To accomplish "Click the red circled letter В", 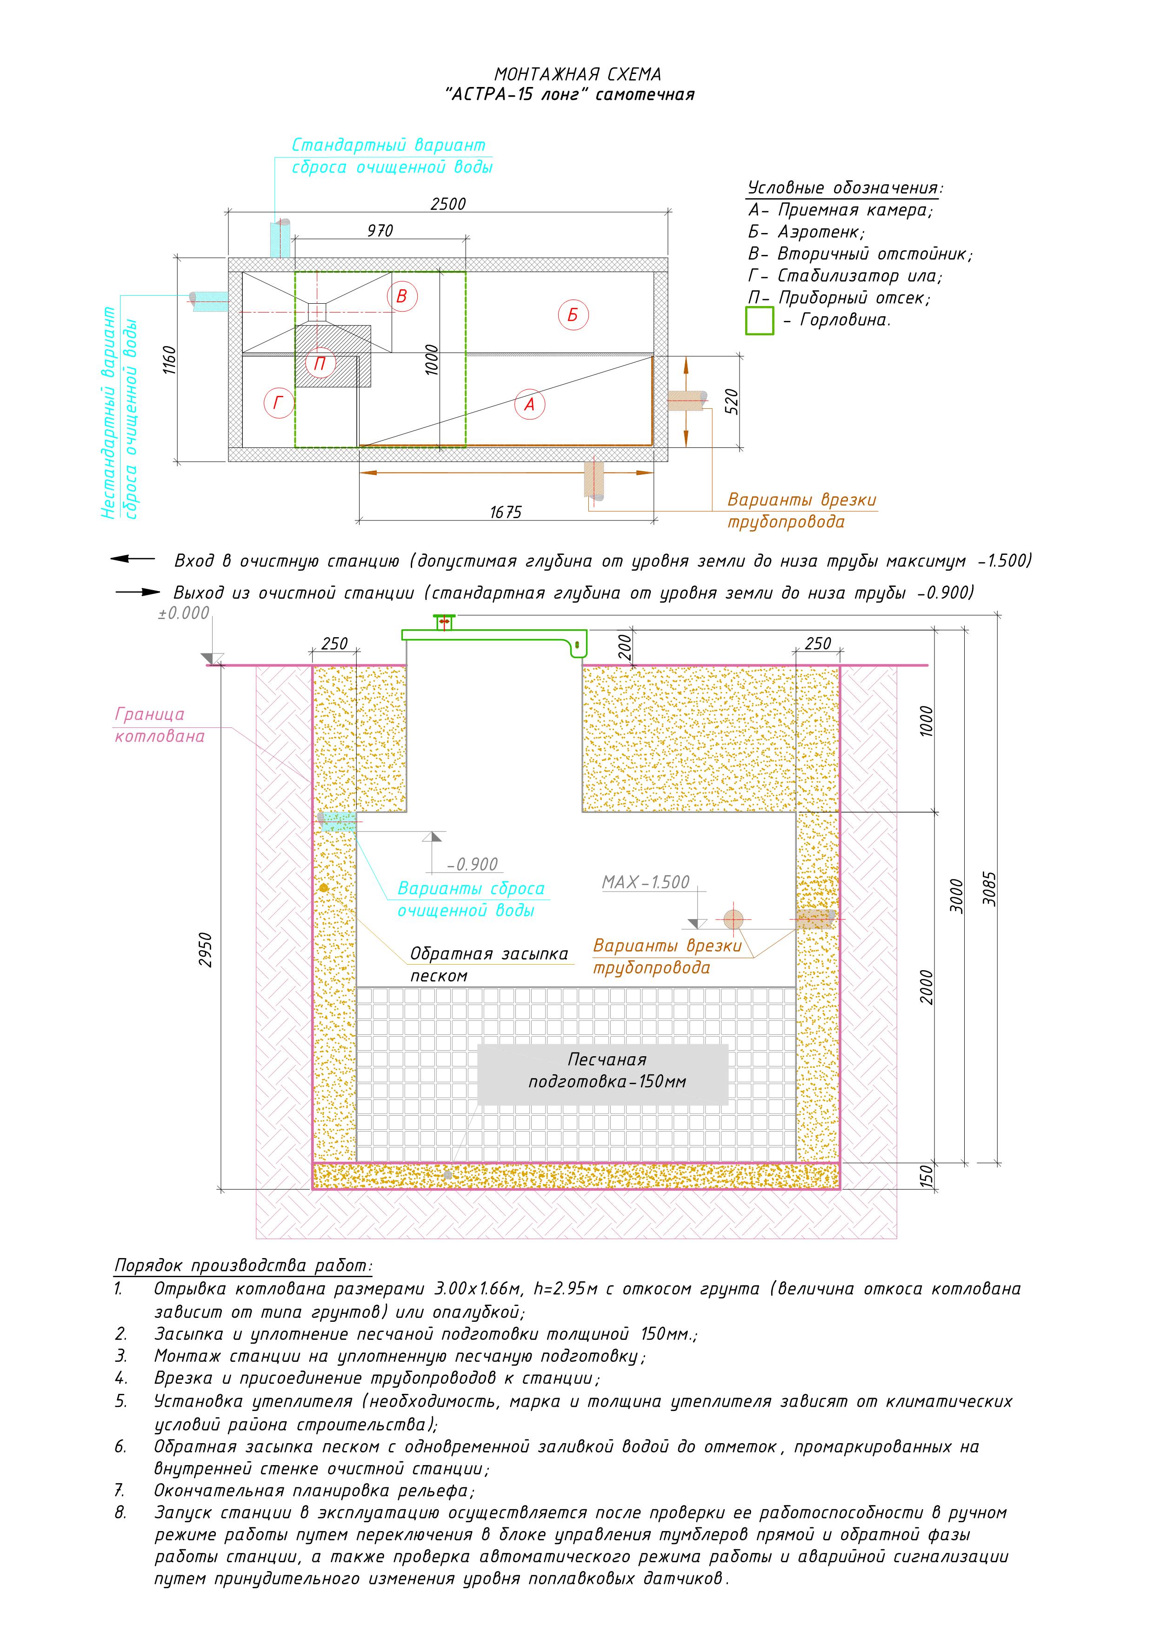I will pos(402,296).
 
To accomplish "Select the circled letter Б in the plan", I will pos(573,315).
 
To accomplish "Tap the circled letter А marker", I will pos(529,405).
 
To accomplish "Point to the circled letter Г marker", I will pos(278,404).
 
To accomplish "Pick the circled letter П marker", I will pos(320,364).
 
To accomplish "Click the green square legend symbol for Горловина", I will pos(760,320).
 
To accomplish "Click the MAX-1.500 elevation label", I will pos(646,882).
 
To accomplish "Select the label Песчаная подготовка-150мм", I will pos(607,1071).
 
